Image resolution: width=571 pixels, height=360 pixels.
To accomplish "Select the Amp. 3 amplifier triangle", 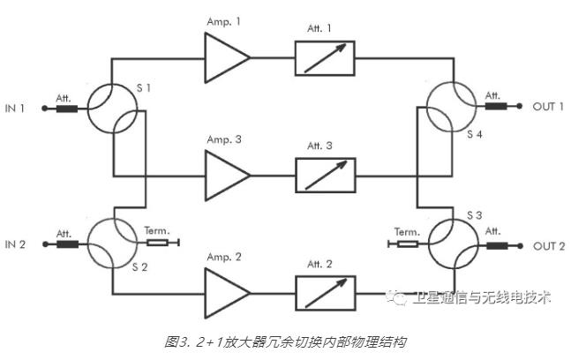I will tap(225, 170).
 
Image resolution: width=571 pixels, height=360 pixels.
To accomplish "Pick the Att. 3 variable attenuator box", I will tap(325, 175).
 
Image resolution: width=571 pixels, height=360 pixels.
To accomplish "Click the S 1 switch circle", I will tap(114, 109).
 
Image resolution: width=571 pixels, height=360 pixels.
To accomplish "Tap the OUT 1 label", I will tap(547, 107).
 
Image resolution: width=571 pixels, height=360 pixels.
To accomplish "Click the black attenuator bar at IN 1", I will tap(67, 110).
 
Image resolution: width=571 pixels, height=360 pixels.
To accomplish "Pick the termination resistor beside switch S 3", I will tap(406, 240).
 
